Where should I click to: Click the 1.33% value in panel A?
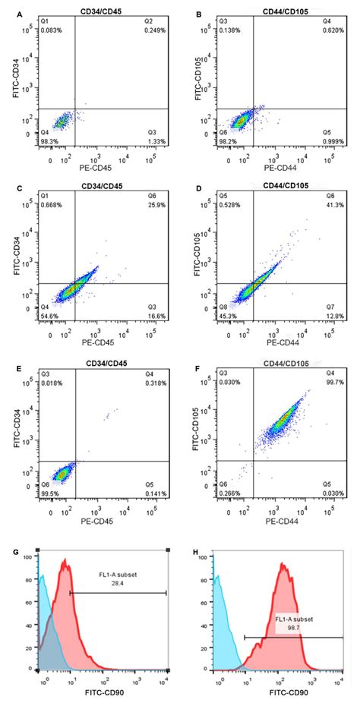156,142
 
